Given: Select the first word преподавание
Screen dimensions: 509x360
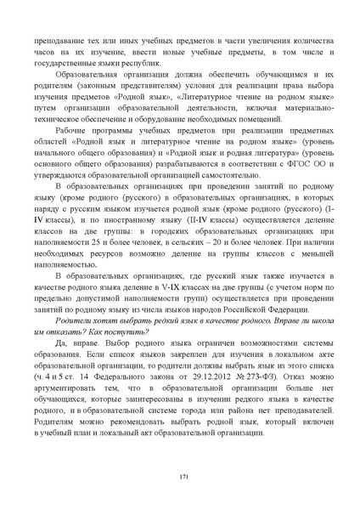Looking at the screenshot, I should coord(59,39).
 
